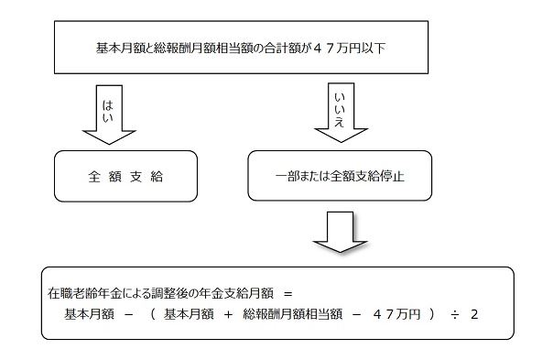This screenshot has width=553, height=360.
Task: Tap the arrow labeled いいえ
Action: tap(339, 112)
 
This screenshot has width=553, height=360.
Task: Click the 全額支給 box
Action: tap(125, 176)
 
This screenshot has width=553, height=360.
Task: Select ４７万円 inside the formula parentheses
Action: tap(396, 314)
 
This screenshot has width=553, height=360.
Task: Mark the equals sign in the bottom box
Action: tap(287, 295)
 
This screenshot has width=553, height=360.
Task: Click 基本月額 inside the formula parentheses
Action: tap(187, 314)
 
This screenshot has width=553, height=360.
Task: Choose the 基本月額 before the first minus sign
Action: tap(88, 314)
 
